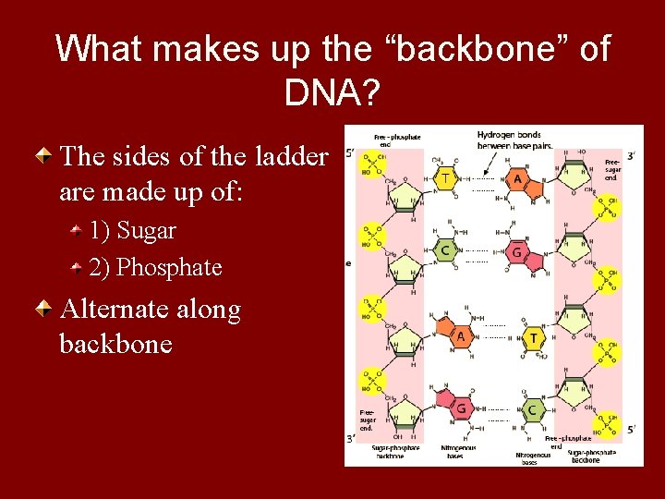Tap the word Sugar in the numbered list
(x=147, y=230)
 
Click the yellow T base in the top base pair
(x=445, y=177)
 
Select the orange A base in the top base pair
(x=518, y=180)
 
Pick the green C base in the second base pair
(x=444, y=249)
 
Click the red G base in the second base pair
(x=516, y=252)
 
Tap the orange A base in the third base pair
(x=459, y=337)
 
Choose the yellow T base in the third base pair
(x=533, y=339)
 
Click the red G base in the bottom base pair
(x=460, y=408)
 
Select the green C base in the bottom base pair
(x=532, y=409)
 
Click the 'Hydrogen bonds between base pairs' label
(x=509, y=139)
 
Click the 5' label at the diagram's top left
(x=350, y=154)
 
